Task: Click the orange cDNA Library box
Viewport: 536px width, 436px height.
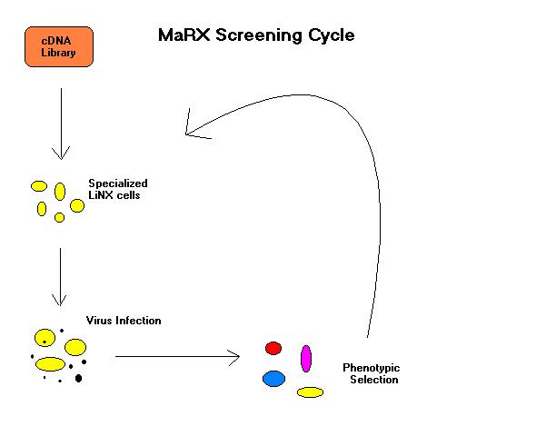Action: click(x=59, y=47)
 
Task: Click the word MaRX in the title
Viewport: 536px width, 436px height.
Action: click(x=184, y=35)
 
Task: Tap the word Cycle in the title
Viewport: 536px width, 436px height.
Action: click(x=332, y=35)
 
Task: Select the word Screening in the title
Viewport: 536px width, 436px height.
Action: click(x=259, y=35)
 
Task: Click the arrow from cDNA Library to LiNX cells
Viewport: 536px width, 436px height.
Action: click(x=61, y=124)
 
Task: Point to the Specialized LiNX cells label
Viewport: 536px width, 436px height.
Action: click(x=118, y=189)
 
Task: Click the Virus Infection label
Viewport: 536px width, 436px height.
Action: click(x=124, y=321)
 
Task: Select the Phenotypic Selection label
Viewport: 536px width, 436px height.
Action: click(x=372, y=373)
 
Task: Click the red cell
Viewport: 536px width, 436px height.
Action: click(x=273, y=348)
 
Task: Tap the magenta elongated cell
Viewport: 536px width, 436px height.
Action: click(x=306, y=359)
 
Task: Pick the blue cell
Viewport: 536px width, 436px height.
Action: click(x=273, y=379)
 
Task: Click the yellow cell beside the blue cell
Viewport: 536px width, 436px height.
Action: click(x=310, y=392)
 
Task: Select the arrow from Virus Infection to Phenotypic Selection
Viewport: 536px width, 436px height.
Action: click(x=177, y=357)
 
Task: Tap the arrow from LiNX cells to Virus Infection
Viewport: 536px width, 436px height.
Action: click(x=60, y=277)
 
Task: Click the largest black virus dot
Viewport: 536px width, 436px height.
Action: click(x=78, y=378)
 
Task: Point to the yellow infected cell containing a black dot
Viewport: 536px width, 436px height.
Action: click(x=45, y=338)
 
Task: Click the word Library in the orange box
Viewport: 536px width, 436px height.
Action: click(x=58, y=53)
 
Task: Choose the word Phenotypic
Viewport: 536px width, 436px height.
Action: click(x=372, y=368)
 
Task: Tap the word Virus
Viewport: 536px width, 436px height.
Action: click(x=99, y=321)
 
